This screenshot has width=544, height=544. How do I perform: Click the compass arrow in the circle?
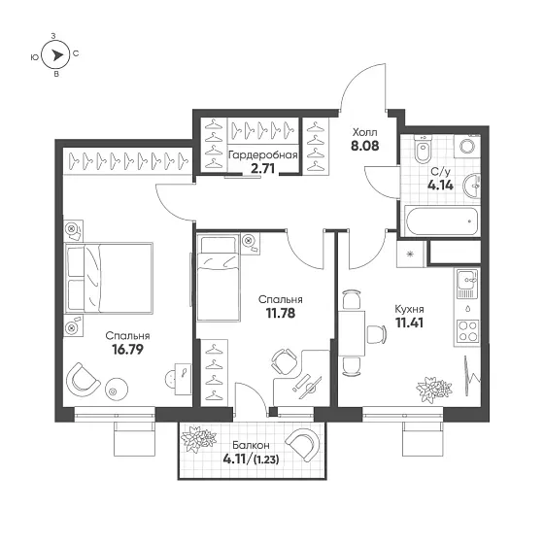[56, 55]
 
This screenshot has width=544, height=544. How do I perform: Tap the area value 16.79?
[127, 350]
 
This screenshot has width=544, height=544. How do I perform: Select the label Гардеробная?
[263, 155]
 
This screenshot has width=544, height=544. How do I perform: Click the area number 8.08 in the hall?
[365, 146]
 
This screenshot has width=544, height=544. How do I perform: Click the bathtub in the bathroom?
[442, 221]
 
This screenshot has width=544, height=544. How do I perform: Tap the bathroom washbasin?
[473, 186]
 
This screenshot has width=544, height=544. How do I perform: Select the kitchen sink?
[467, 280]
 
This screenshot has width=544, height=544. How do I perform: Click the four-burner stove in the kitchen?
[467, 331]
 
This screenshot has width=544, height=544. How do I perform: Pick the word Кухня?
[409, 309]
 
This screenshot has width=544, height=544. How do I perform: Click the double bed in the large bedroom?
[109, 278]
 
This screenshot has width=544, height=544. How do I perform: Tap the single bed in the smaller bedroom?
[219, 278]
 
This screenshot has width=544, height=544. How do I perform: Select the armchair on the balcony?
[303, 445]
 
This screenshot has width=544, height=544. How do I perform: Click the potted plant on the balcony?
[198, 439]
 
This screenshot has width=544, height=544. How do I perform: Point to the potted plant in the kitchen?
[434, 390]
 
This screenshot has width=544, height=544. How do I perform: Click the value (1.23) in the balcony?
[266, 459]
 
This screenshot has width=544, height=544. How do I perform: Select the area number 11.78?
[281, 313]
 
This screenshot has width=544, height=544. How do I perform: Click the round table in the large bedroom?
[117, 389]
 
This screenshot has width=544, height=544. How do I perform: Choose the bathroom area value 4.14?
[440, 186]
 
